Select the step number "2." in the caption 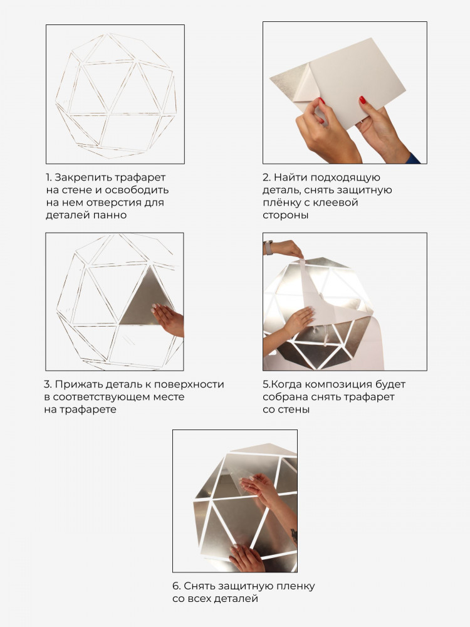pos(267,177)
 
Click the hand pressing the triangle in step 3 pos(168,319)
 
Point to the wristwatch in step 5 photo pos(268,248)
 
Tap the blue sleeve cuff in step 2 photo pos(412,159)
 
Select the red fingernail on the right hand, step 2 pos(362,100)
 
